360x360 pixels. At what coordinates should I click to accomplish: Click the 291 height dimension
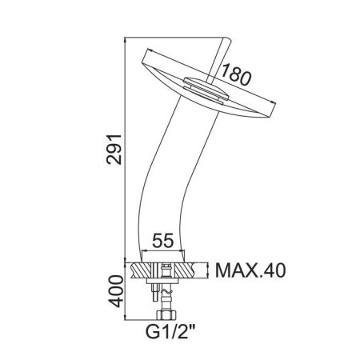(x=114, y=150)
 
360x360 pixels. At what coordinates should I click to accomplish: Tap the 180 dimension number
(x=236, y=75)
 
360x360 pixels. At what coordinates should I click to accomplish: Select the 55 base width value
(x=163, y=240)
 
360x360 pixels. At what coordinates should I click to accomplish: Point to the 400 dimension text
(x=115, y=291)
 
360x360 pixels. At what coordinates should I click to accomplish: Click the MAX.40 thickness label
(x=250, y=270)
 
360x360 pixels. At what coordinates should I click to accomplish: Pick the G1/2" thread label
(x=170, y=331)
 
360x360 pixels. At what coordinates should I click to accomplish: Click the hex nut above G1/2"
(x=166, y=315)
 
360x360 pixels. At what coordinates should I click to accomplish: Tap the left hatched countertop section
(x=141, y=271)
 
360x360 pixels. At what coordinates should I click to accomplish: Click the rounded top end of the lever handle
(x=226, y=40)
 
